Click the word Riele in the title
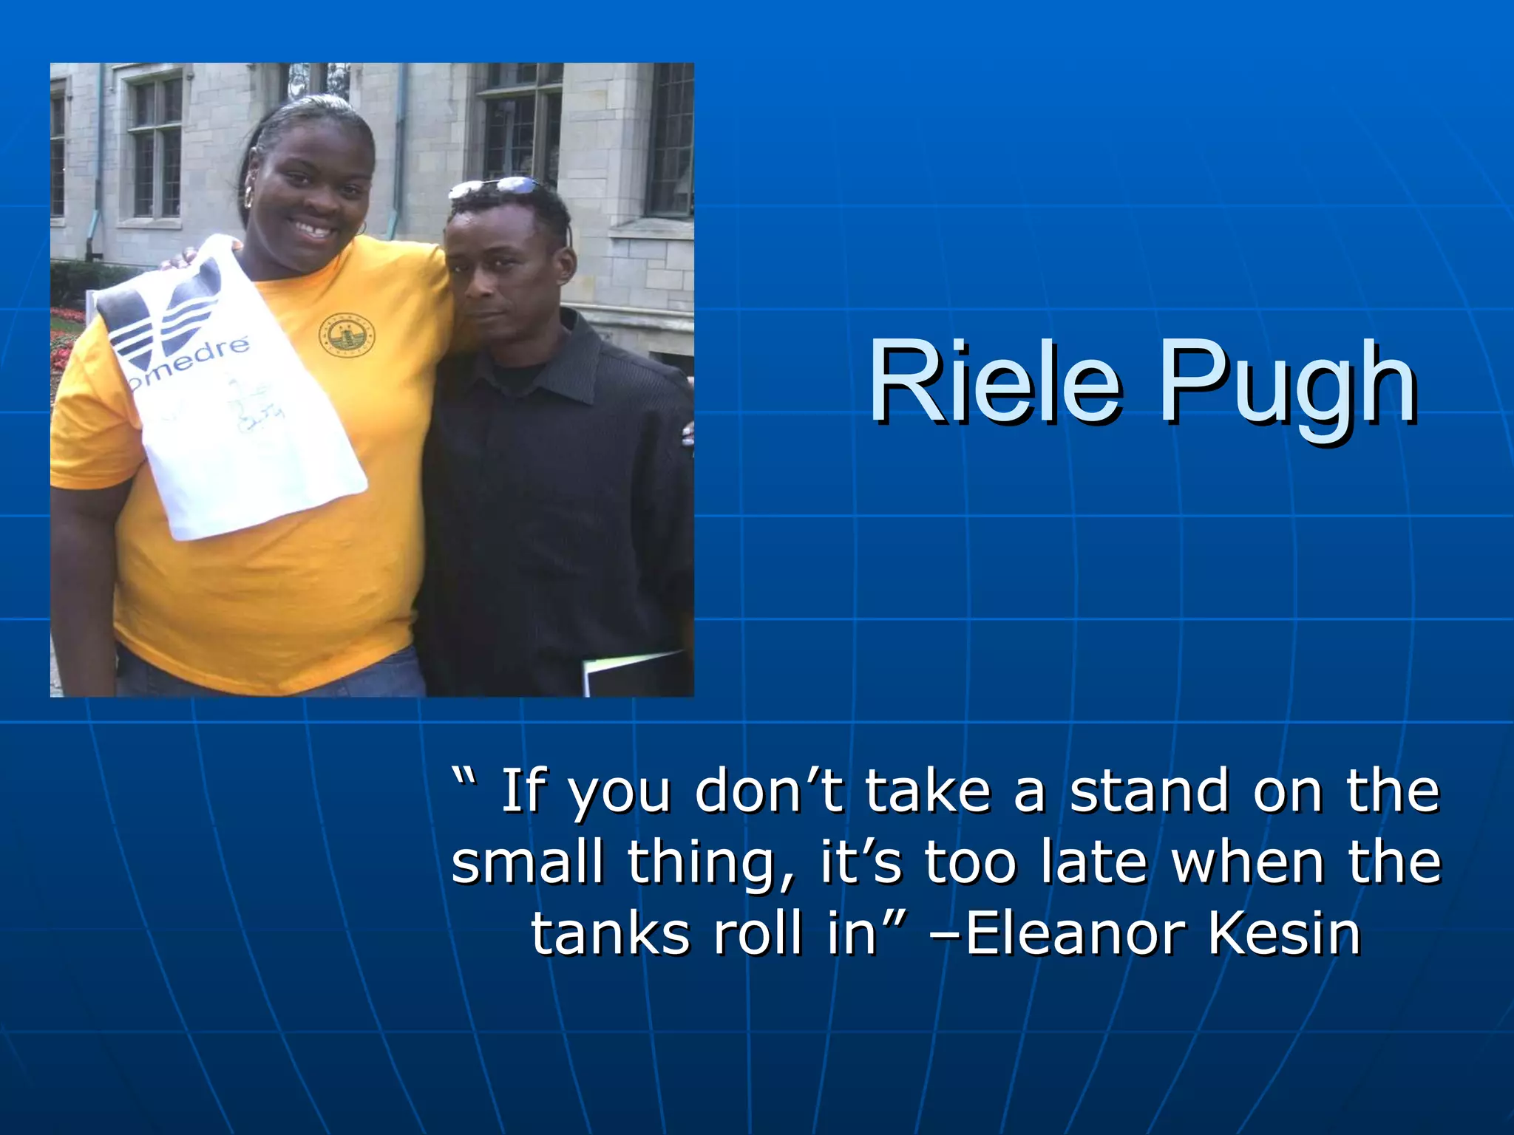pyautogui.click(x=994, y=382)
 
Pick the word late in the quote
pyautogui.click(x=1094, y=862)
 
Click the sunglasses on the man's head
pyautogui.click(x=495, y=188)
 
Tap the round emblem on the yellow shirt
pyautogui.click(x=346, y=336)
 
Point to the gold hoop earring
pyautogui.click(x=249, y=197)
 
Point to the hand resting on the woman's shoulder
pyautogui.click(x=181, y=258)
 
